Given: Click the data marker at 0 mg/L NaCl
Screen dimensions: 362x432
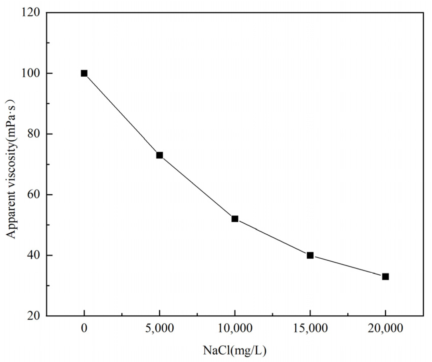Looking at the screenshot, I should tap(84, 73).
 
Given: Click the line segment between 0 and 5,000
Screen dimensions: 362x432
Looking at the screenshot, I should tap(122, 114).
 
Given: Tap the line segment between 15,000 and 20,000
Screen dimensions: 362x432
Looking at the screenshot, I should tap(348, 266).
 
